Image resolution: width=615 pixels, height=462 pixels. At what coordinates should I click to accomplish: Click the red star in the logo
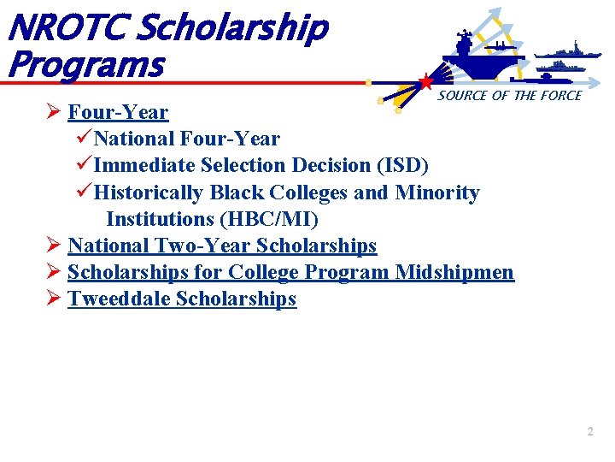425,82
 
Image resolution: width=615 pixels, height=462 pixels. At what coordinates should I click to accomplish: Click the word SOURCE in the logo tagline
462,96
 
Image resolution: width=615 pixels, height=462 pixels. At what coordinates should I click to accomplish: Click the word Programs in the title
84,64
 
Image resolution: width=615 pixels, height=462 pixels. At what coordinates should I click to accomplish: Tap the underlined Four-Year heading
118,112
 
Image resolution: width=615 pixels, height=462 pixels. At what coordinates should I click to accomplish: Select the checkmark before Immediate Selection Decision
82,164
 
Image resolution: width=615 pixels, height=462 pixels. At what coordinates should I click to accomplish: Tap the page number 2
589,432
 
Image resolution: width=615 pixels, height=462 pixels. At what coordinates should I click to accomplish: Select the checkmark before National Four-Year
82,138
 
